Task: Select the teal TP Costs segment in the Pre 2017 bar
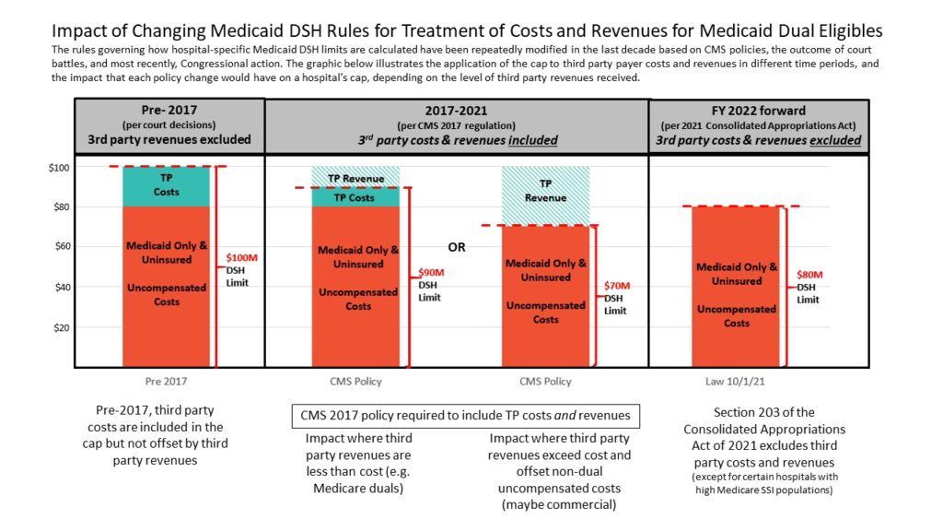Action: coord(166,186)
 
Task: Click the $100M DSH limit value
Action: coord(242,256)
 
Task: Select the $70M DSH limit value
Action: coord(618,286)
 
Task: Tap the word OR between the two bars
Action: coord(457,247)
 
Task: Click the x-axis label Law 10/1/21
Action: coord(736,382)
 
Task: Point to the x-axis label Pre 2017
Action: coord(166,382)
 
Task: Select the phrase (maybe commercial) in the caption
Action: coord(560,505)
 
